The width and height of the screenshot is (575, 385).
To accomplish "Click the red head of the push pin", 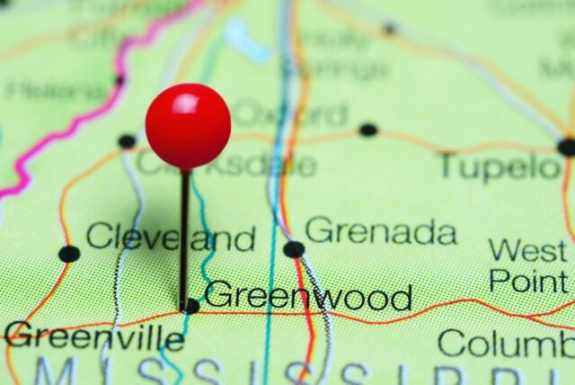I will pos(188,127).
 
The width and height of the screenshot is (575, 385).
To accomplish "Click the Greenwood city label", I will pos(308,297).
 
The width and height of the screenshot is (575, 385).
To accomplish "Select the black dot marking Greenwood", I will pos(191,306).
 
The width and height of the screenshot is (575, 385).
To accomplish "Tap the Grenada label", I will pos(380,231).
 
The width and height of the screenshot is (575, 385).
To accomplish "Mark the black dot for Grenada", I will pos(294,249).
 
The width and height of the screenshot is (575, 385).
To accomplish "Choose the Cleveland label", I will pos(170,238).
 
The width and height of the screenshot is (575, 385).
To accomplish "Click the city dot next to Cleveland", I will pos(69,254).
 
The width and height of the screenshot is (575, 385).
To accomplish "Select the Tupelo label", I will pos(499,166).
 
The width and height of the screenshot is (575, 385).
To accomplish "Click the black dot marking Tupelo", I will pos(566,147).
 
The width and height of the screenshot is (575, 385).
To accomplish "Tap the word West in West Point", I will pos(528,250).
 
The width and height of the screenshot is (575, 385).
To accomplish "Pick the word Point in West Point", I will pos(528,281).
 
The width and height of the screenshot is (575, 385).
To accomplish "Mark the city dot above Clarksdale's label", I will pos(127,141).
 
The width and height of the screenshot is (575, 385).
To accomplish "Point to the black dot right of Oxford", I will pos(368,130).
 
